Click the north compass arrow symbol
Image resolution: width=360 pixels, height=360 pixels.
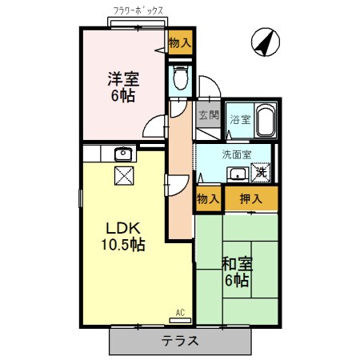click(x=263, y=42)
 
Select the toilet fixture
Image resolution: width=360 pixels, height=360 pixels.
click(x=180, y=78)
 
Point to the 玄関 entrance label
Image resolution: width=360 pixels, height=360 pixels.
click(x=208, y=114)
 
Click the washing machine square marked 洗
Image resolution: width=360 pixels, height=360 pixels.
click(x=262, y=173)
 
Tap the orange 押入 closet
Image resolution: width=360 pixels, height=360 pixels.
click(x=250, y=198)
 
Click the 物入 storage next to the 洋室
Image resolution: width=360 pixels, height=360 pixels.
click(x=179, y=43)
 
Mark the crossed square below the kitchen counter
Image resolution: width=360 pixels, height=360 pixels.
click(x=122, y=177)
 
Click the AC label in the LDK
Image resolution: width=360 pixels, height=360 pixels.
click(x=179, y=312)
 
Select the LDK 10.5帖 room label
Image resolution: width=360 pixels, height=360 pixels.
click(x=121, y=234)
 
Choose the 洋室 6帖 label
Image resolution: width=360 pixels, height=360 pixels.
click(x=124, y=86)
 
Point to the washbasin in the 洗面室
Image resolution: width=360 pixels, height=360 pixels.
click(x=237, y=174)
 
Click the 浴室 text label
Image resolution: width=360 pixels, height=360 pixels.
click(x=239, y=119)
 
